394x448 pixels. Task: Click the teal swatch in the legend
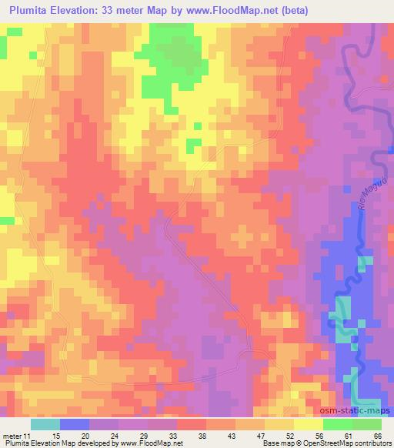45,424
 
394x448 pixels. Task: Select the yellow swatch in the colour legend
308,424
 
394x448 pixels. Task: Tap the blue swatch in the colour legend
75,424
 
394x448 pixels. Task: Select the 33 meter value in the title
125,10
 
